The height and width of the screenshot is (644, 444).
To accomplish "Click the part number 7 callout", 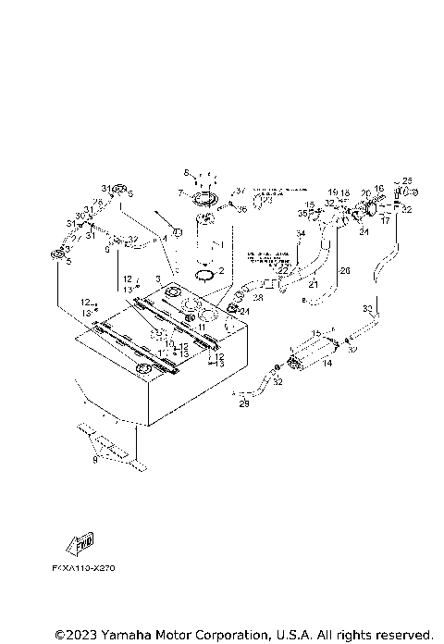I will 183,193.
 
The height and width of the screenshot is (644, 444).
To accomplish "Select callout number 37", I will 242,191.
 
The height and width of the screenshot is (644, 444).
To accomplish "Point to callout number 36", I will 242,210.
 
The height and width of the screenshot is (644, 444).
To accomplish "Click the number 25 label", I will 407,181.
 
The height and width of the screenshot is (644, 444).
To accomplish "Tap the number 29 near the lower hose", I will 244,402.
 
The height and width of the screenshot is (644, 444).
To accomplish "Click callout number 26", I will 344,271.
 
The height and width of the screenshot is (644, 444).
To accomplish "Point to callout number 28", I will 258,298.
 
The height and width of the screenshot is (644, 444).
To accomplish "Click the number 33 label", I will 367,308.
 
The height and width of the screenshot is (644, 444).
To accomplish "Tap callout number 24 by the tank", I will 245,311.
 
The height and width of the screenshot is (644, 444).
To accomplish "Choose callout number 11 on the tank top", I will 201,327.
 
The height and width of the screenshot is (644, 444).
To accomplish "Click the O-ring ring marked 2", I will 210,273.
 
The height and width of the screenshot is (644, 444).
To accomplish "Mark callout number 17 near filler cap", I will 385,221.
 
